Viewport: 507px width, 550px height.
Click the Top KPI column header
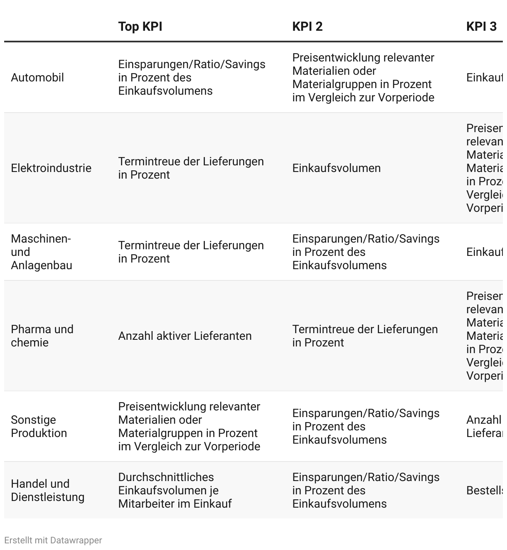pos(140,27)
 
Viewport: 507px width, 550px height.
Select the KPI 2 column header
pos(307,27)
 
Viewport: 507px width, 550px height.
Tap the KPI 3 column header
pos(481,27)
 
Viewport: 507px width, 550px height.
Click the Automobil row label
pos(37,78)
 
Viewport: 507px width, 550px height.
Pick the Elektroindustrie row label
pos(51,168)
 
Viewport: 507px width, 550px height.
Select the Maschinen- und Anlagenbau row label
pos(42,252)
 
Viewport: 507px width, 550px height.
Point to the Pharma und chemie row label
pos(42,336)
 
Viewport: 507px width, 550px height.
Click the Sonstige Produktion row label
pos(39,427)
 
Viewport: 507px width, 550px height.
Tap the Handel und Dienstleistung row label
pos(47,491)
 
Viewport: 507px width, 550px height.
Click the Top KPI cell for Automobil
pos(192,78)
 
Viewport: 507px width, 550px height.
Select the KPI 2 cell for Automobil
pos(363,78)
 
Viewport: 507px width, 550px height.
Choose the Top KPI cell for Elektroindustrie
pos(191,168)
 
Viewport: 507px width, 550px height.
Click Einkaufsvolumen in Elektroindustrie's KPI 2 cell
pos(336,168)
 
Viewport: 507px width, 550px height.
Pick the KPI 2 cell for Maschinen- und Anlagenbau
pos(366,252)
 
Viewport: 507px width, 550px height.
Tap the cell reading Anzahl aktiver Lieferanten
pos(185,336)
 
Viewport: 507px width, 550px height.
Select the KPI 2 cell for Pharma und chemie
pos(365,336)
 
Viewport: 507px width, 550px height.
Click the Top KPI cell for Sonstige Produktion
pos(189,427)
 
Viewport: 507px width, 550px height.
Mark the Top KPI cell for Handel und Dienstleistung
pos(175,491)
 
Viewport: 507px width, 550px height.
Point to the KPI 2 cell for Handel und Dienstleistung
pos(366,491)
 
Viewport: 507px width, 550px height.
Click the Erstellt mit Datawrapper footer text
pos(53,540)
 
